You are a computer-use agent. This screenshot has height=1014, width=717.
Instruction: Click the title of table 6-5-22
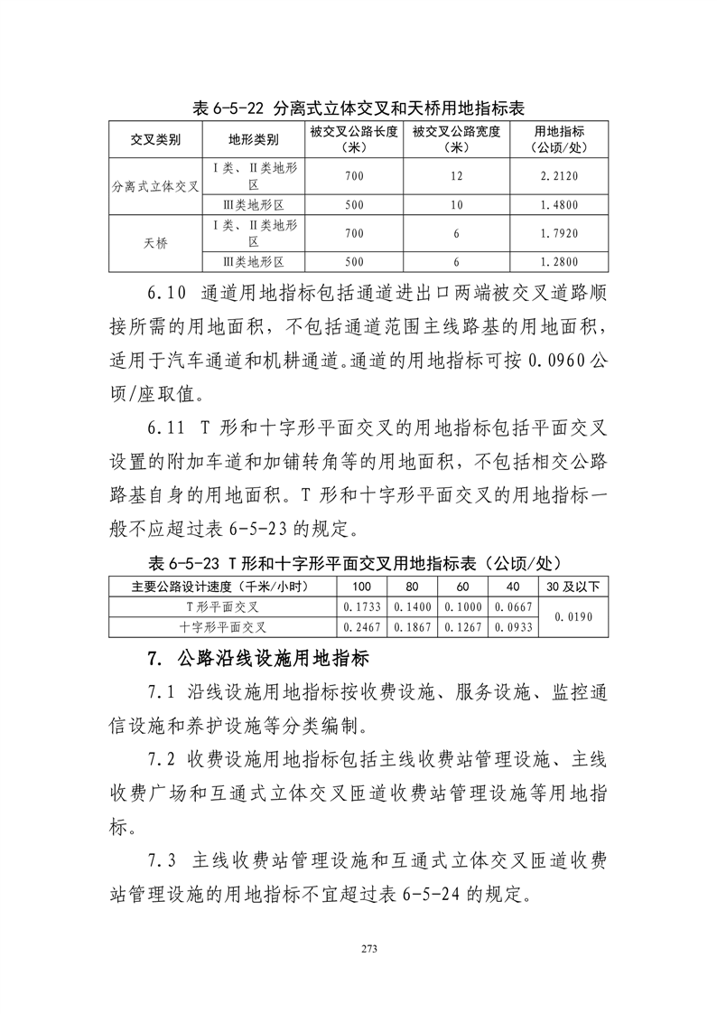(x=358, y=108)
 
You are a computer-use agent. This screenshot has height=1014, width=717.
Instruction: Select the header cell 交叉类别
(x=154, y=139)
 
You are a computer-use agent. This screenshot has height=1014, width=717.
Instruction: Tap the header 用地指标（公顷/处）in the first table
(x=559, y=139)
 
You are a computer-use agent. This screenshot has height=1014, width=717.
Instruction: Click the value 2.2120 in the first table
(x=559, y=176)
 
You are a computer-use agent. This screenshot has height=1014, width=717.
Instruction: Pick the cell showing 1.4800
(x=559, y=205)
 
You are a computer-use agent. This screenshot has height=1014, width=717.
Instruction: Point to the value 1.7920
(x=559, y=234)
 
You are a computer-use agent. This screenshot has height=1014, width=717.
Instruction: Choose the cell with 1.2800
(x=559, y=262)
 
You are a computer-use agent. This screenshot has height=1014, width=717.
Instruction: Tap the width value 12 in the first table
(x=456, y=176)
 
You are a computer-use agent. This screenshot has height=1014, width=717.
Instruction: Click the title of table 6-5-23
(x=358, y=562)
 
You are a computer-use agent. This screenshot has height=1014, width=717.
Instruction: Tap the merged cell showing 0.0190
(x=573, y=616)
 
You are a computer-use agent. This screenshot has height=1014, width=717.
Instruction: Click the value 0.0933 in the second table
(x=514, y=626)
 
